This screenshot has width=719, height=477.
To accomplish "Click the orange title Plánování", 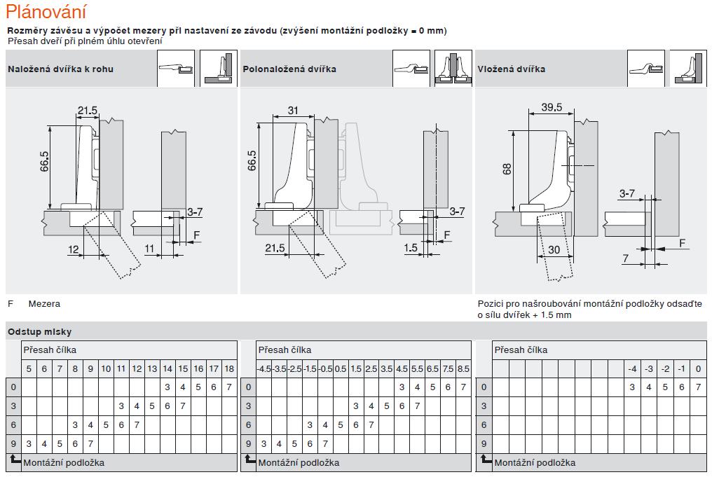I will (46, 12).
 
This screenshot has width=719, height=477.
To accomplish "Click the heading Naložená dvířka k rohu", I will (60, 69).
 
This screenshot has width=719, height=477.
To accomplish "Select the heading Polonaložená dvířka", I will (289, 69).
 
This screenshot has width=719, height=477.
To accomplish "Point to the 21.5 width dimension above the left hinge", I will (88, 111).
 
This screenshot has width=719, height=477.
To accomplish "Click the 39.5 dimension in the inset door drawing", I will (552, 107).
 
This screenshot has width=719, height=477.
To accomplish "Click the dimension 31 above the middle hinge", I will (293, 111).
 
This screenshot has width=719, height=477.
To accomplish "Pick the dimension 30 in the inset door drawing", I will (554, 250).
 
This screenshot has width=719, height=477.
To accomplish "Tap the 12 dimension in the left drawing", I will (74, 249).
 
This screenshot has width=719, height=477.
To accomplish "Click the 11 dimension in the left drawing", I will (149, 249).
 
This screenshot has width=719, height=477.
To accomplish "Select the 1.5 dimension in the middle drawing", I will (411, 249).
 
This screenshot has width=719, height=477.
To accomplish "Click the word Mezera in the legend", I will (44, 304).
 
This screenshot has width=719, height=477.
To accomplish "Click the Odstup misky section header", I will (39, 332).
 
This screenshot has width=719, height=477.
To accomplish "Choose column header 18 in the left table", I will (229, 369).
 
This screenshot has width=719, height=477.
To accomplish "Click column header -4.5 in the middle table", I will (263, 369).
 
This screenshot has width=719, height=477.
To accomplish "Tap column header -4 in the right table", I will (633, 369).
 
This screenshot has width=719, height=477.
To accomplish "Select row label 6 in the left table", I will (13, 424).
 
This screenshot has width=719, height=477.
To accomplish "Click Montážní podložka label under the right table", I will (535, 463).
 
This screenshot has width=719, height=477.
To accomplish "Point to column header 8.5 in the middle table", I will (463, 369).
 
